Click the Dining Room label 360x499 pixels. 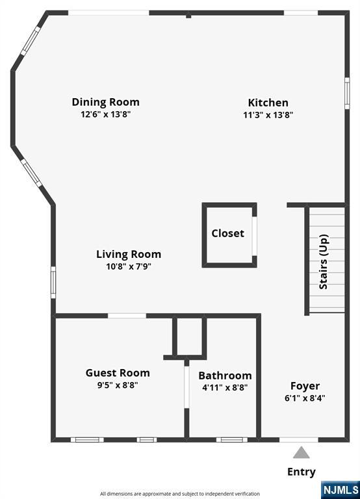point(106,102)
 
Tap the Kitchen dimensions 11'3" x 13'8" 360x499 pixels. point(268,114)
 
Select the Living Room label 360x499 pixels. point(129,254)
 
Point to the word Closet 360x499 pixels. point(228,233)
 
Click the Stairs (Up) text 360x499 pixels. point(324,262)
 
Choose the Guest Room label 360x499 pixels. point(118,373)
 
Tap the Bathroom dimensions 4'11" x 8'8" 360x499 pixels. point(225,388)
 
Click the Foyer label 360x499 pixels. point(305,386)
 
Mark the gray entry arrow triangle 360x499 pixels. point(301,452)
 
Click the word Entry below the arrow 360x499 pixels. point(302,472)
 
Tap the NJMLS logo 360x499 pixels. point(341,489)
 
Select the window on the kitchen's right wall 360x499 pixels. point(347,94)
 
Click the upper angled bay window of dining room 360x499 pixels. point(31,41)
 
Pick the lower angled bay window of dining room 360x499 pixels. point(31,173)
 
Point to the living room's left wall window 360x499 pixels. point(53,283)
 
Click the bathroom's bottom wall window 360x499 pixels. point(232,440)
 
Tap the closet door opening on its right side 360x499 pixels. point(254,236)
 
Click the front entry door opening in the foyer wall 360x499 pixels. point(299,439)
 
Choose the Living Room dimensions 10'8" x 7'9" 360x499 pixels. point(129,266)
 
